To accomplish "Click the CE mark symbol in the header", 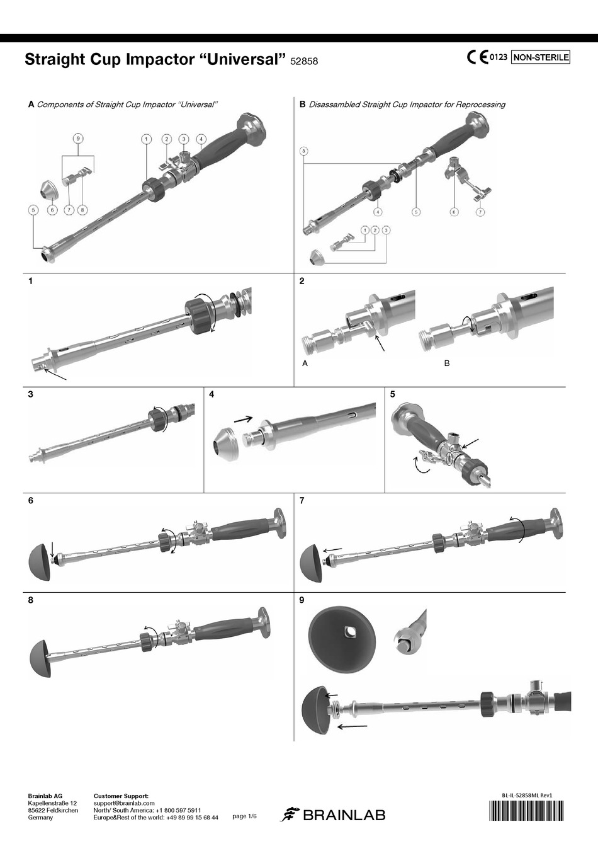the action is click(478, 57).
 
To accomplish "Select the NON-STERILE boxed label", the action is click(541, 57).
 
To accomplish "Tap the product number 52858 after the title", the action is click(304, 61).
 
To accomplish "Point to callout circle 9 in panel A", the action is click(79, 138).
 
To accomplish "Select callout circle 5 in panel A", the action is click(33, 210).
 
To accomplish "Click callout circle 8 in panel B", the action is click(304, 151).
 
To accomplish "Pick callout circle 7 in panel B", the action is click(480, 212).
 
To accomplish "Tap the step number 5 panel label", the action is click(392, 394).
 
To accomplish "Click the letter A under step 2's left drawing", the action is click(305, 363).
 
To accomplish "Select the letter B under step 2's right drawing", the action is click(447, 363).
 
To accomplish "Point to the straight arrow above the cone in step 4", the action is click(244, 419).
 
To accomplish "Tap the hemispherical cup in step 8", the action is click(40, 659).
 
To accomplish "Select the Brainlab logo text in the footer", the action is click(344, 815).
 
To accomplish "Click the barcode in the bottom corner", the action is click(527, 810).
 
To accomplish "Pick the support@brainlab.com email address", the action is click(124, 803).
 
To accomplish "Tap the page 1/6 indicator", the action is click(244, 816).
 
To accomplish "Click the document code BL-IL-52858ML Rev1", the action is click(527, 794).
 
